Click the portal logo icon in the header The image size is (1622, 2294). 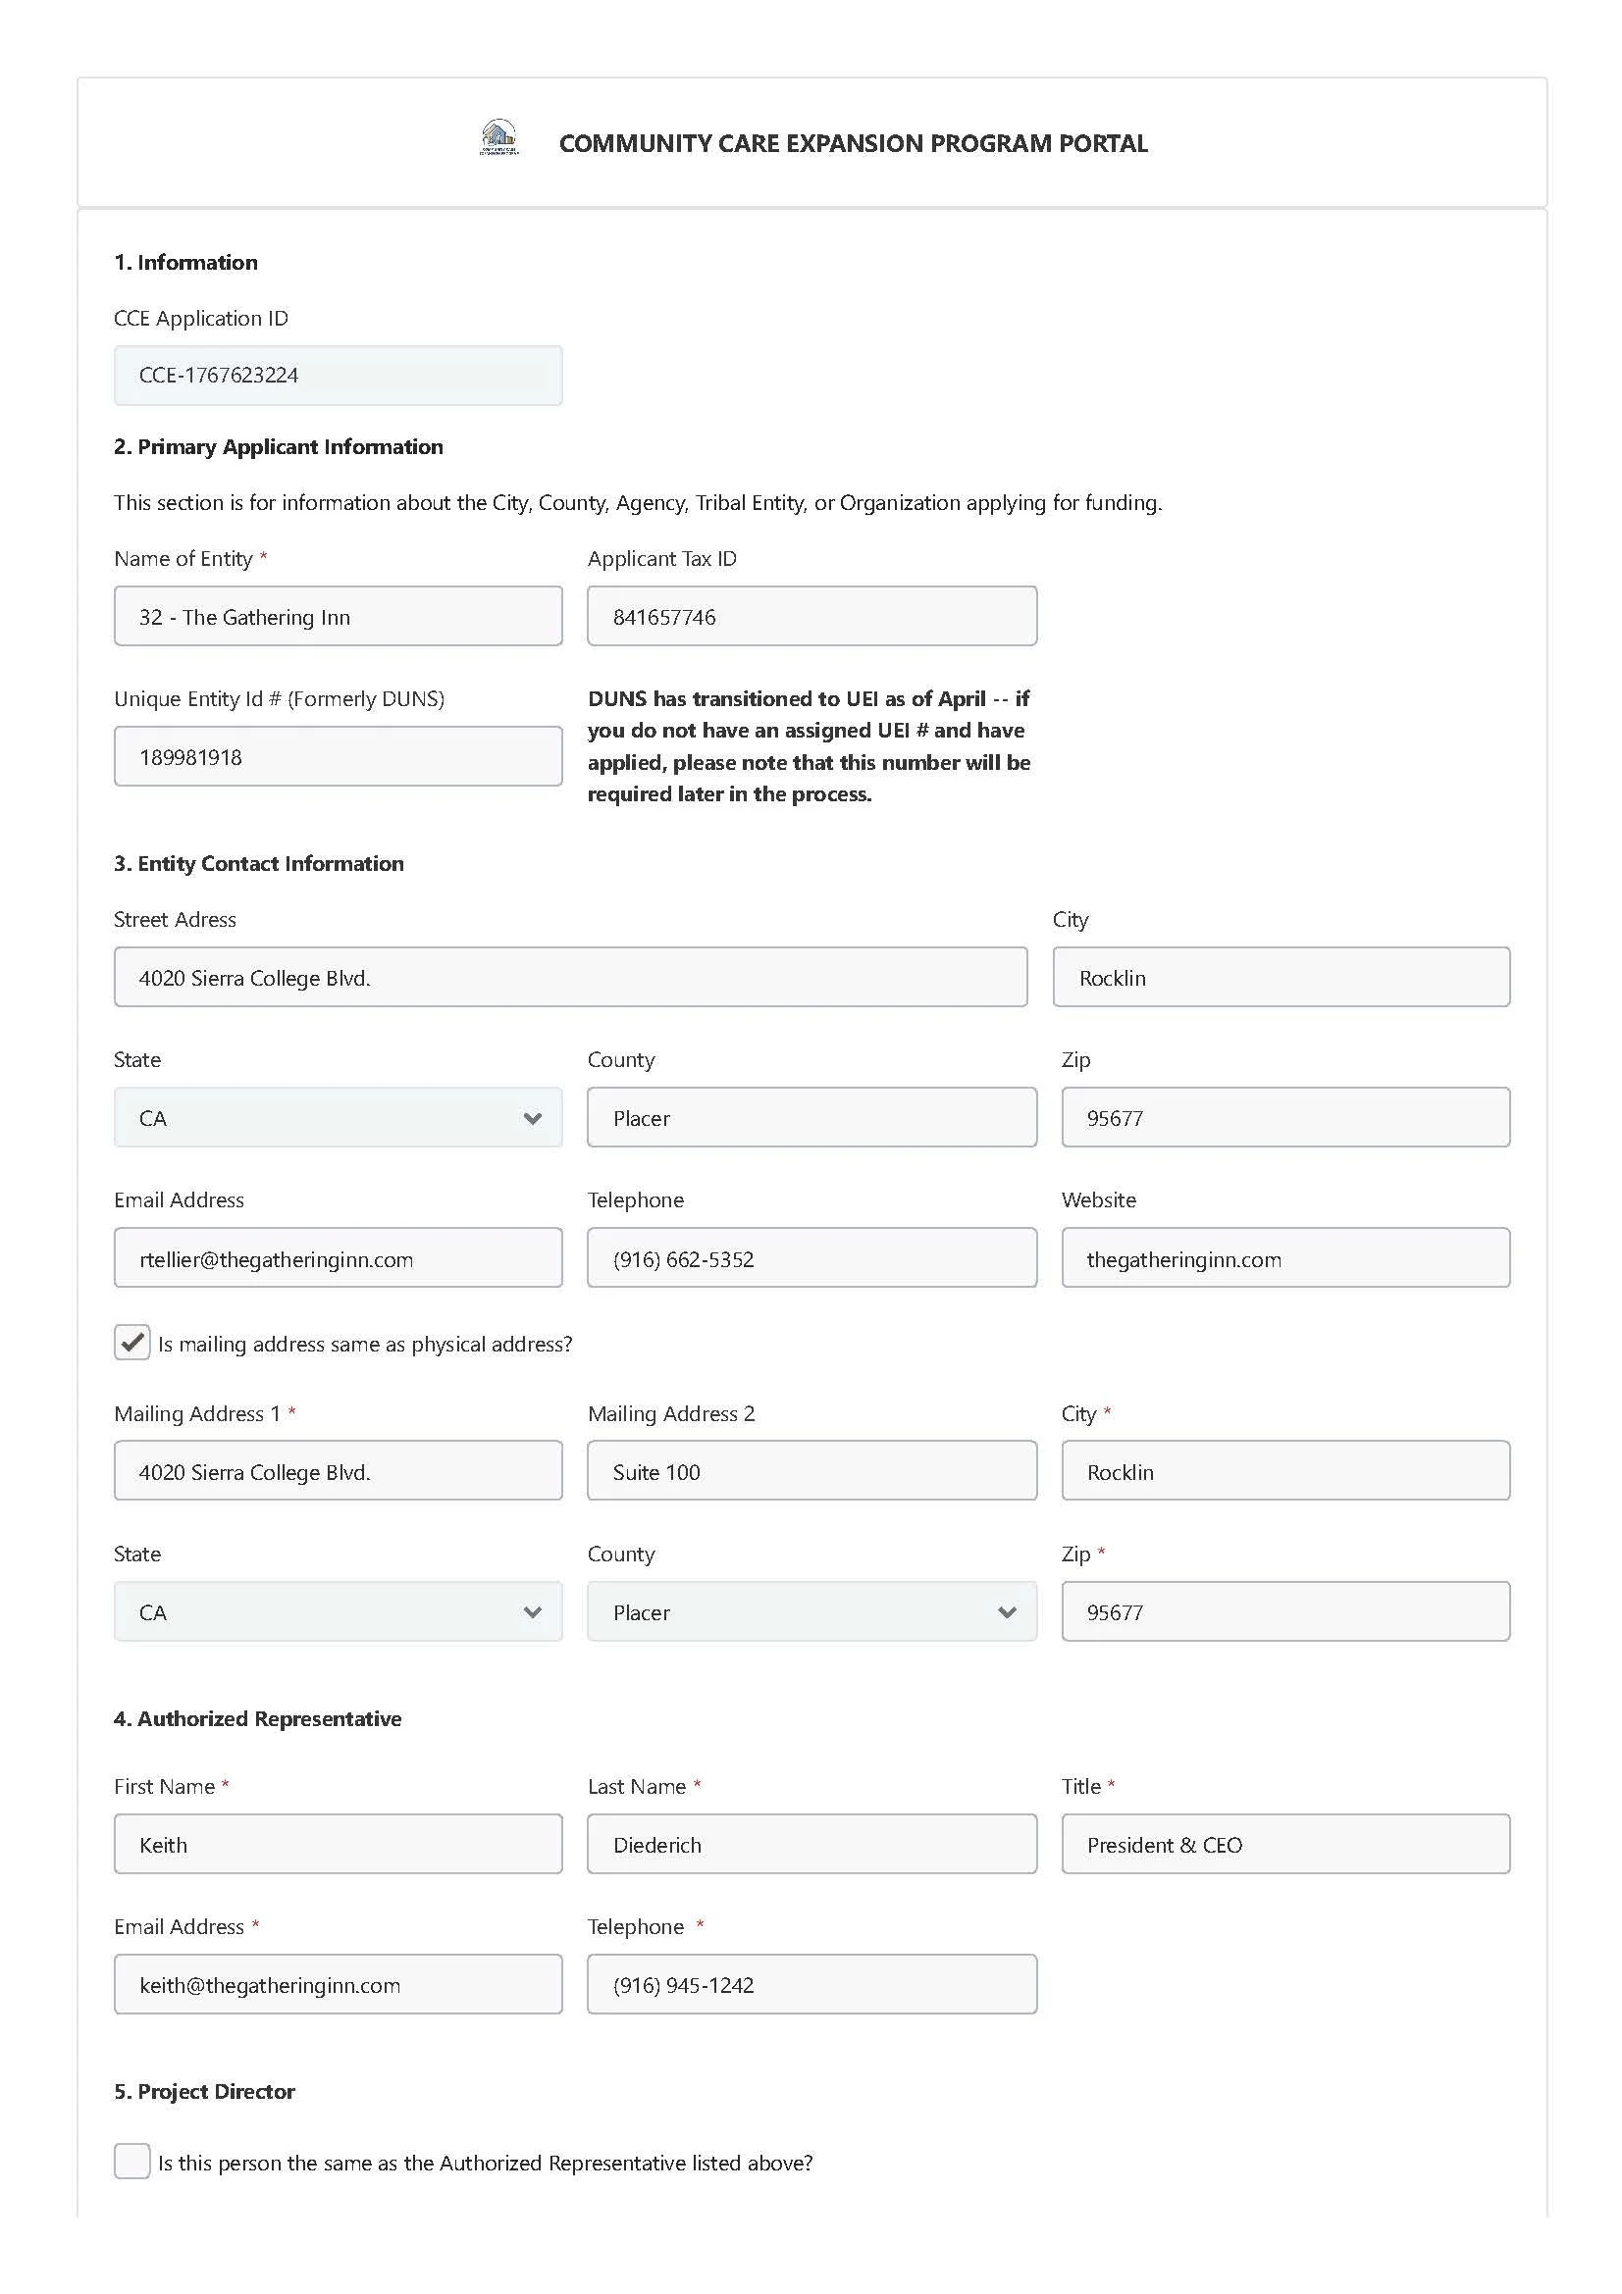[x=498, y=137]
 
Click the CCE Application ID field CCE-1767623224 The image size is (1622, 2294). [x=338, y=376]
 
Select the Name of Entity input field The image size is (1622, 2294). [x=338, y=617]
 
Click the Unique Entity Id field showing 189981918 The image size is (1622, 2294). [x=338, y=756]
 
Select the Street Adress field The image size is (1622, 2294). [x=570, y=977]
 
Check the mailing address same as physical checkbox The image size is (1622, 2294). [x=131, y=1342]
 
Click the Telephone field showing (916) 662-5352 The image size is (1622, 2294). [x=811, y=1258]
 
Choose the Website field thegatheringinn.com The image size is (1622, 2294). [x=1284, y=1258]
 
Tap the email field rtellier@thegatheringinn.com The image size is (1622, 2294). [x=338, y=1258]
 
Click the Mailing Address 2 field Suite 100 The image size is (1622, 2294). [x=811, y=1471]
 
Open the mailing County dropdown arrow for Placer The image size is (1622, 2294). [x=1007, y=1611]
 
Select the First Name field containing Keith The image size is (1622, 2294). [x=338, y=1845]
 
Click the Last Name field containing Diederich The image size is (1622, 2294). [x=811, y=1845]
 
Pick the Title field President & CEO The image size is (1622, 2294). [x=1284, y=1845]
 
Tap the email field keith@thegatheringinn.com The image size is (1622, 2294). [x=338, y=1984]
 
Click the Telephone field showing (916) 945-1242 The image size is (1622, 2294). [x=811, y=1984]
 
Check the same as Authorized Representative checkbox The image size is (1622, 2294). [x=131, y=2162]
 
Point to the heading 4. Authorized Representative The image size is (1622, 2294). [x=258, y=1718]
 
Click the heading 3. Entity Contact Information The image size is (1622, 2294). [x=259, y=863]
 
